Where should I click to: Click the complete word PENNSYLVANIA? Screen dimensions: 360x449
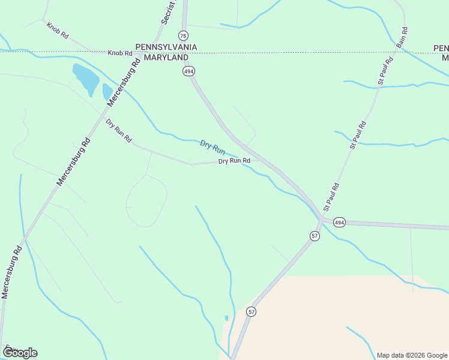point(166,47)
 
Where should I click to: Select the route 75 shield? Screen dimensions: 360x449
point(184,35)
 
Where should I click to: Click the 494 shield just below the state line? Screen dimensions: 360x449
point(188,71)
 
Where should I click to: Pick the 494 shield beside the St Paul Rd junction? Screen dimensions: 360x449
point(340,223)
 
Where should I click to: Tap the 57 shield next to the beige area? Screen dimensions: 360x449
point(251,311)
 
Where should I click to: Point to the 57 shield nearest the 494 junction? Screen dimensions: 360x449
point(315,236)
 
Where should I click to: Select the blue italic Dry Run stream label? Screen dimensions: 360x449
point(212,147)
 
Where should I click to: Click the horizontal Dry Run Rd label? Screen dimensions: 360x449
point(234,161)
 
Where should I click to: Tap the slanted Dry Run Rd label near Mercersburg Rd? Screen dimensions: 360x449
point(119,131)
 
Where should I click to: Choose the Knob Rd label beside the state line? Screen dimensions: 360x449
point(120,53)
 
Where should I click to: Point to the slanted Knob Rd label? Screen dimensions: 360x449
point(58,30)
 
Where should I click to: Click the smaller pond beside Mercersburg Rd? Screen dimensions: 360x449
point(107,92)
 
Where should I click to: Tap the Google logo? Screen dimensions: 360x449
point(19,353)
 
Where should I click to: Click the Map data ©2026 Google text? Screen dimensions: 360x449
point(412,355)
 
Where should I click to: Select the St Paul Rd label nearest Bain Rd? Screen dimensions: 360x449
point(385,70)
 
